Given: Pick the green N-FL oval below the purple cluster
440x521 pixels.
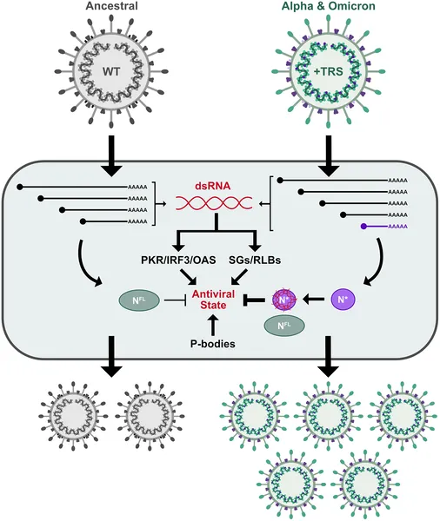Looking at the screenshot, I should point(284,327).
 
